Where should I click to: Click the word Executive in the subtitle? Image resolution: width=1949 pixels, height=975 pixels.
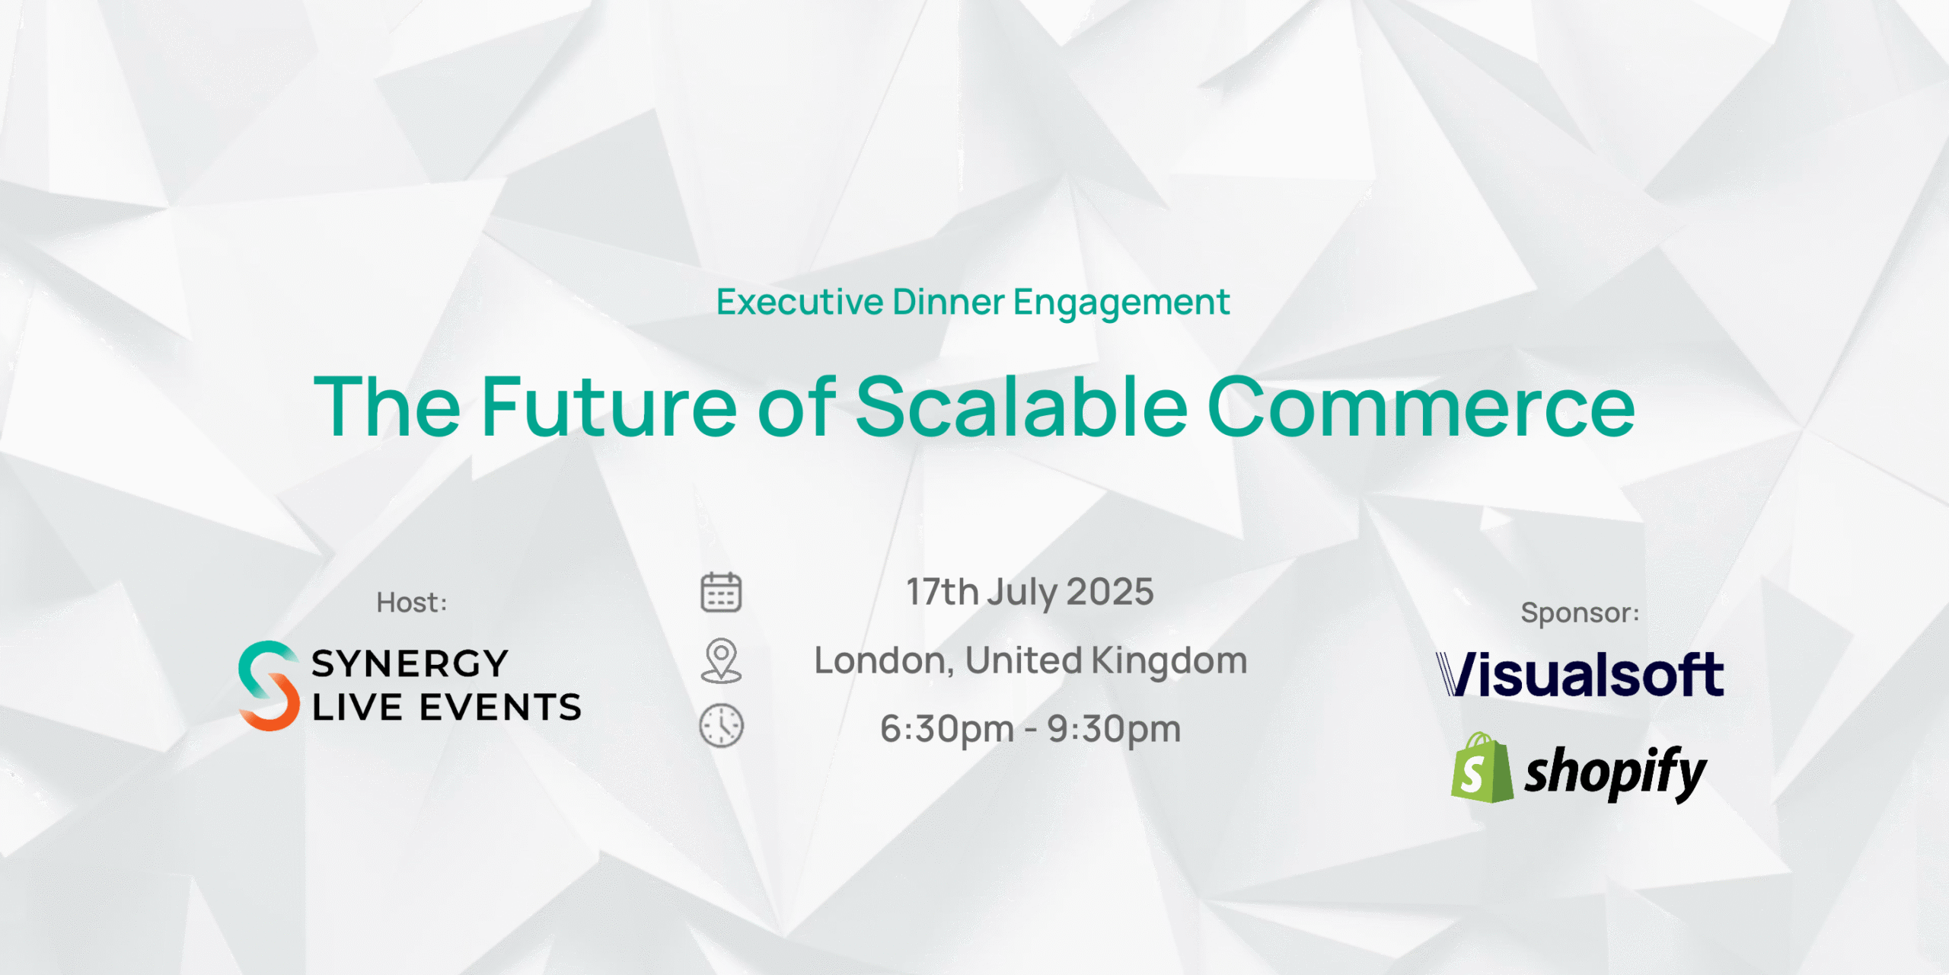(799, 302)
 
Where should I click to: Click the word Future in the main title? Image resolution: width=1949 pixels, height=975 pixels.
(609, 408)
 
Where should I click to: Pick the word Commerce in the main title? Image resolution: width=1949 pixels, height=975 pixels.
(1421, 408)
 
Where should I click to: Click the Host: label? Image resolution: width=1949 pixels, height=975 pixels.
(412, 603)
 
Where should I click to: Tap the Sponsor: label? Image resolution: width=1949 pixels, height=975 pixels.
(1580, 613)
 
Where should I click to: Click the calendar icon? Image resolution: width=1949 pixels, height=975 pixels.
(721, 593)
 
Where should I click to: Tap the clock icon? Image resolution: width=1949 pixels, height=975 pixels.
(721, 726)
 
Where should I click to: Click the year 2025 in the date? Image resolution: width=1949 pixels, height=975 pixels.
(1110, 592)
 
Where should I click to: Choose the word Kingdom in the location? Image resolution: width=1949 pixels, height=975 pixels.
(1169, 660)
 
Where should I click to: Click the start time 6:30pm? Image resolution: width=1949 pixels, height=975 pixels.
(947, 730)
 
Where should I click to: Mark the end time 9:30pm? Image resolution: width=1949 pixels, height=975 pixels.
(1114, 730)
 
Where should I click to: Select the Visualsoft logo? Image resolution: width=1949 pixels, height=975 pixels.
(1580, 674)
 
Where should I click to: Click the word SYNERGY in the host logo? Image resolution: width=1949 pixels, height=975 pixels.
(410, 663)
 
